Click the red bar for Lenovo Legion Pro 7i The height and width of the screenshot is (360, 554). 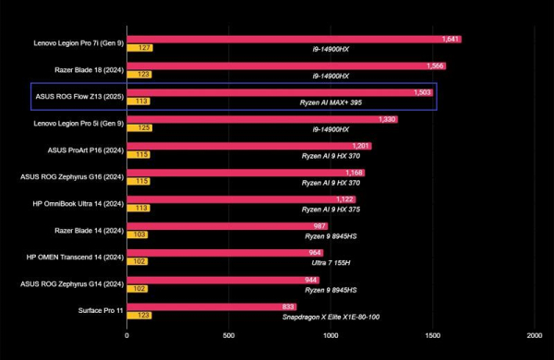pos(295,39)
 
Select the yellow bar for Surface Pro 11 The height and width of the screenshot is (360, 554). pos(139,315)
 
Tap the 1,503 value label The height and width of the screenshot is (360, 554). pos(423,92)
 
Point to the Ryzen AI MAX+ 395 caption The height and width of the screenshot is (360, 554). pos(331,102)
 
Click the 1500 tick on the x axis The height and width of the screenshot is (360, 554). pos(432,336)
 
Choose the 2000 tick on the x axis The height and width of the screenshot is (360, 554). pos(535,336)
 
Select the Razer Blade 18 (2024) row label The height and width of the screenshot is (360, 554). pos(89,70)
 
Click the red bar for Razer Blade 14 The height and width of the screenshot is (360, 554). pos(227,226)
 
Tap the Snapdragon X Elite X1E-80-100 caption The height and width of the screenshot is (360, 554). pos(331,317)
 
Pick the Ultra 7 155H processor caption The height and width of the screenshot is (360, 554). pos(331,263)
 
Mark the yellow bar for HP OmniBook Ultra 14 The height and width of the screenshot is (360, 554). pos(138,208)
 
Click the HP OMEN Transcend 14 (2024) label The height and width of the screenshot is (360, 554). pos(75,258)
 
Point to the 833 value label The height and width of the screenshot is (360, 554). pos(288,306)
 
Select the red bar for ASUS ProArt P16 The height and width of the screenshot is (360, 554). pos(249,146)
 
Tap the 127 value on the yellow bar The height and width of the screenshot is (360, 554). pos(144,48)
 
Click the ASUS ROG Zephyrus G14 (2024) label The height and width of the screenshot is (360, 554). pos(72,284)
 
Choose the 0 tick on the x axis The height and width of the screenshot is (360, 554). pos(126,336)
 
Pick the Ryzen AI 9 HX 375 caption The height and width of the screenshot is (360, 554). pos(331,210)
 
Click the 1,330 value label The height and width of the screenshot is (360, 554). pos(387,119)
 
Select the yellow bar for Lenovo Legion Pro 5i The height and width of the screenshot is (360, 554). pos(140,128)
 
